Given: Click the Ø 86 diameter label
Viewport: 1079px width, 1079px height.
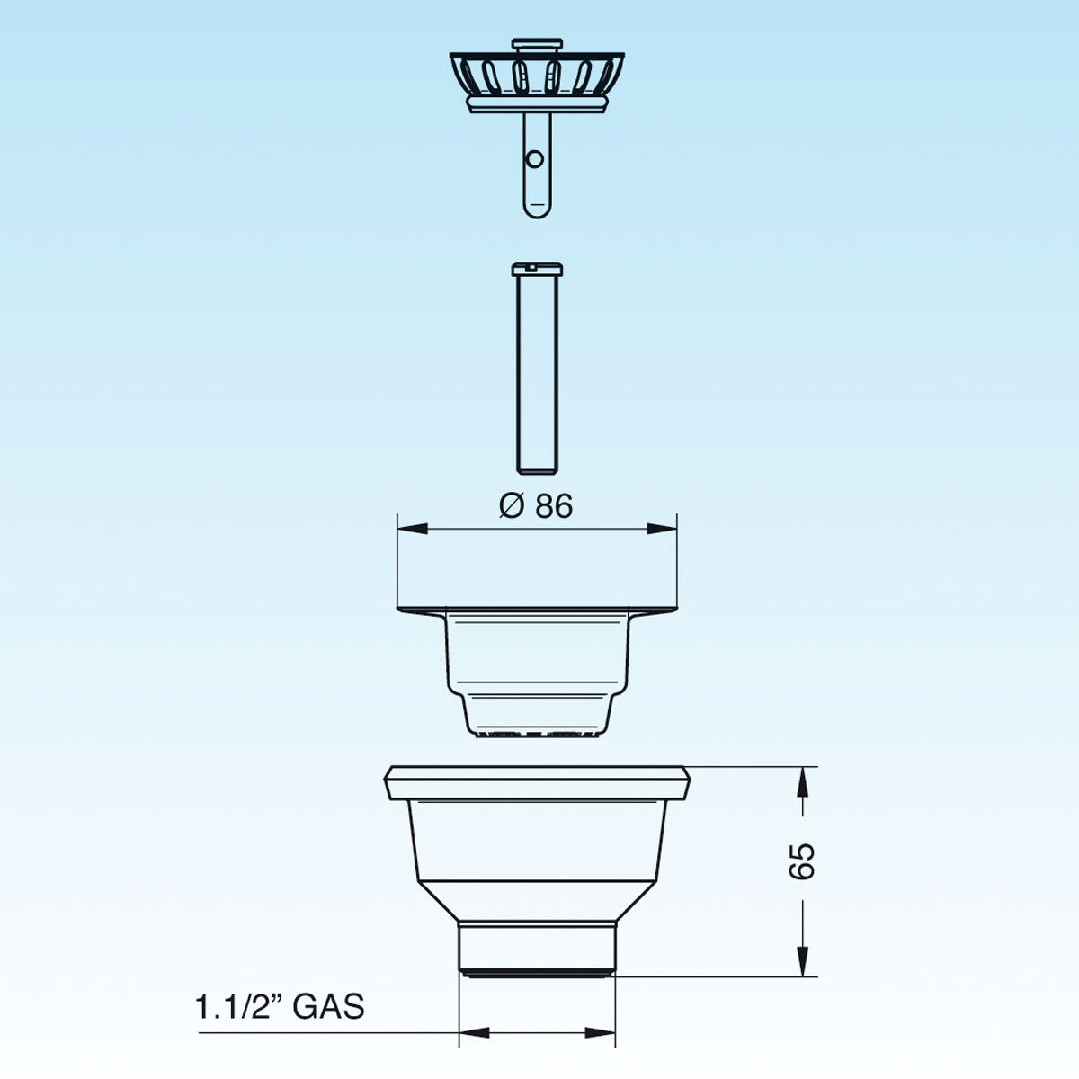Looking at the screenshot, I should pyautogui.click(x=536, y=506).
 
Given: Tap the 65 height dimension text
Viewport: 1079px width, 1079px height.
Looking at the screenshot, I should pyautogui.click(x=804, y=861).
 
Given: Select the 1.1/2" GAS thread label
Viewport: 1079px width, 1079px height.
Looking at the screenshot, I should pyautogui.click(x=280, y=1006).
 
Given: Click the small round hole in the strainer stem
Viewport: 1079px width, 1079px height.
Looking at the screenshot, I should pyautogui.click(x=535, y=159).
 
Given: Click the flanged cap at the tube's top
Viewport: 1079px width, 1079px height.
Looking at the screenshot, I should pyautogui.click(x=537, y=268).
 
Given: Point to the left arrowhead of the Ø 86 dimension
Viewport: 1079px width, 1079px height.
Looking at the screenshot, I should pyautogui.click(x=409, y=530).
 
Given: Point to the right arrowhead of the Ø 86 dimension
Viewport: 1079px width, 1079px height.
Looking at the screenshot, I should pyautogui.click(x=664, y=530).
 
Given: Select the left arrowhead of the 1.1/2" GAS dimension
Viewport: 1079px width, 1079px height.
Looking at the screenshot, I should pyautogui.click(x=473, y=1032).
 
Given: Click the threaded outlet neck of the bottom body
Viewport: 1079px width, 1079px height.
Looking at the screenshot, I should pyautogui.click(x=537, y=944).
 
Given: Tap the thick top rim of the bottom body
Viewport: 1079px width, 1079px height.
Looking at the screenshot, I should pyautogui.click(x=537, y=782).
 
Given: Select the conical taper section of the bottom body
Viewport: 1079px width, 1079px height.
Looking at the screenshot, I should pyautogui.click(x=537, y=899).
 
